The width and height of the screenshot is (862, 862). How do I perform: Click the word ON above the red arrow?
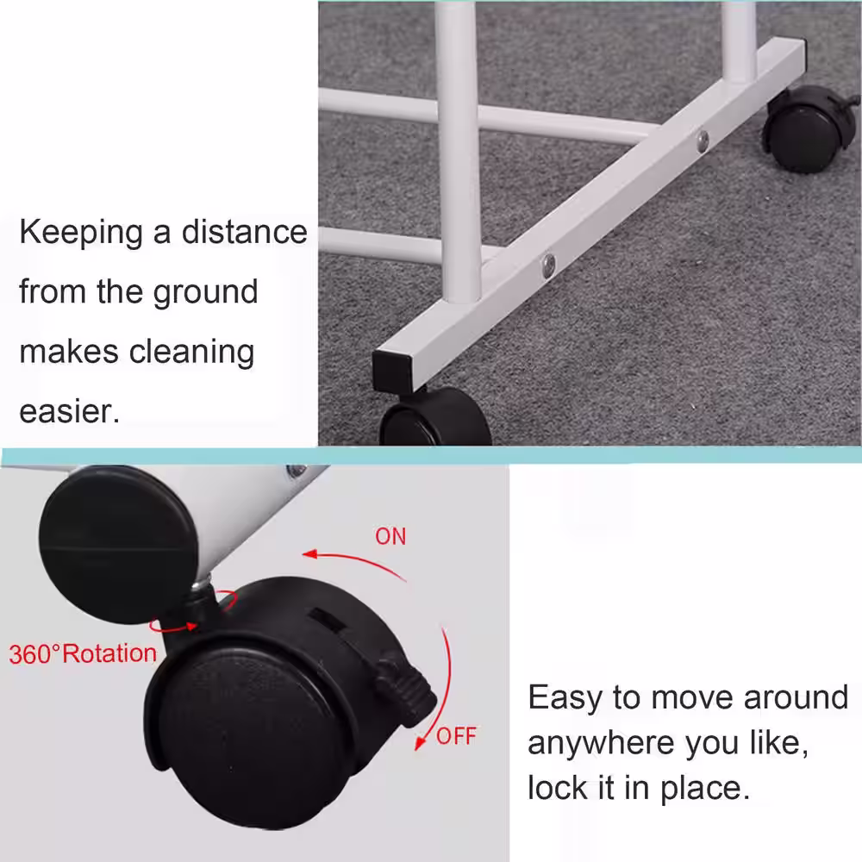(390, 536)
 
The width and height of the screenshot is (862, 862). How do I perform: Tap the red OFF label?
(456, 736)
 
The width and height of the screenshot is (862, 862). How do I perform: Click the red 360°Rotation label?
(83, 653)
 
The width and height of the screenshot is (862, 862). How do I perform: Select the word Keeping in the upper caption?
(81, 234)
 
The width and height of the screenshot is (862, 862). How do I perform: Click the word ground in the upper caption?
(205, 291)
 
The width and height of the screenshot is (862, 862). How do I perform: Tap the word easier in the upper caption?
(68, 410)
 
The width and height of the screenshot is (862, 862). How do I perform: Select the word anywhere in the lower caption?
(600, 741)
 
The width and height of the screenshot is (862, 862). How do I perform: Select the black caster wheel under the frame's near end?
(435, 418)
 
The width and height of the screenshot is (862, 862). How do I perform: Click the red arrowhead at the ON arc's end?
(310, 555)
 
